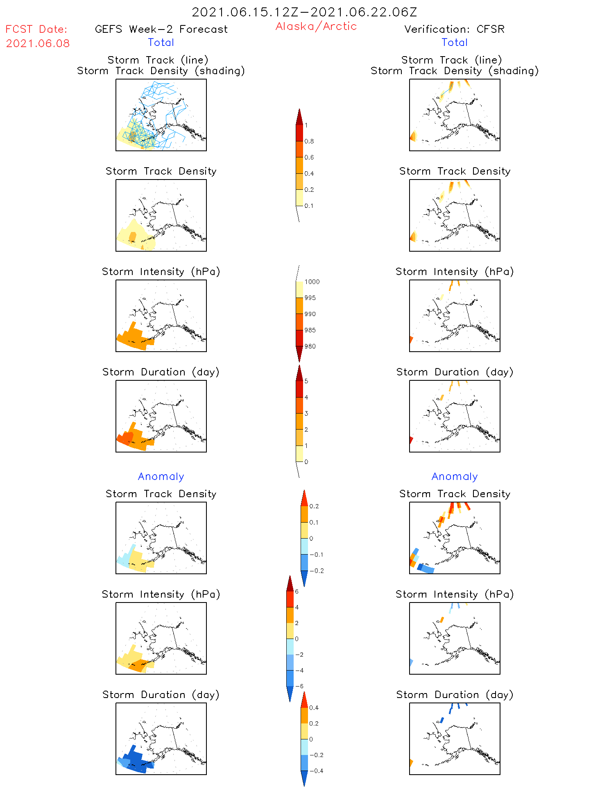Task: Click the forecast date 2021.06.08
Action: click(38, 43)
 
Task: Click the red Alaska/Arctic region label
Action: click(316, 26)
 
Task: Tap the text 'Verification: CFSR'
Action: click(454, 29)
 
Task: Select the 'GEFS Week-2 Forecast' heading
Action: click(161, 29)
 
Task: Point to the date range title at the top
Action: click(304, 12)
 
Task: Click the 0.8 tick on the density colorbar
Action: click(309, 141)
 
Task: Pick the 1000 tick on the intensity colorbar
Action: click(312, 282)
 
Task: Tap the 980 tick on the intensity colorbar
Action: click(310, 346)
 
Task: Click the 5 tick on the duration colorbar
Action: click(306, 381)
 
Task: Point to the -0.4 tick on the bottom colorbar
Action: click(316, 771)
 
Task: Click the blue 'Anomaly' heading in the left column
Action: click(161, 476)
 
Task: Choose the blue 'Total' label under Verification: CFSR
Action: click(454, 42)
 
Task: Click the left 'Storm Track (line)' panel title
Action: click(158, 60)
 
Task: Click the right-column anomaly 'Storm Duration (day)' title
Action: click(455, 695)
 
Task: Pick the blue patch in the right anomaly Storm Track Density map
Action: click(426, 568)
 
